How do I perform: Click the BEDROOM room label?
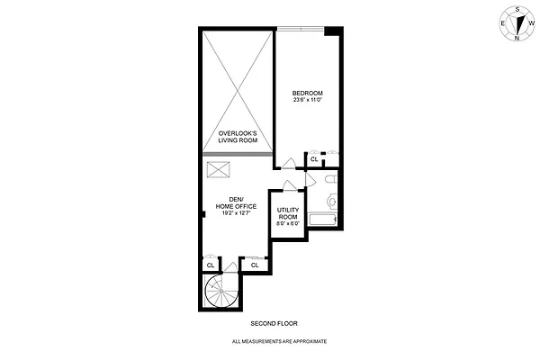(x=308, y=93)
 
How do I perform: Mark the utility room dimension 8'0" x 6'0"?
(x=287, y=223)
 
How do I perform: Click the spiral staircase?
(x=219, y=292)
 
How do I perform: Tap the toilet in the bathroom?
(x=330, y=184)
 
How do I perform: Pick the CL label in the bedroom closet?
(x=314, y=160)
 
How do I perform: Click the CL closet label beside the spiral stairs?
(x=210, y=265)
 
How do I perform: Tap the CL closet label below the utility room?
(x=255, y=265)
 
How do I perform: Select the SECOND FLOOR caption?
(x=274, y=323)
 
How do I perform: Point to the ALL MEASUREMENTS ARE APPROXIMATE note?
(x=279, y=342)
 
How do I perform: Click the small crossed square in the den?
(x=218, y=169)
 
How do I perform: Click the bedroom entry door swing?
(x=286, y=163)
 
